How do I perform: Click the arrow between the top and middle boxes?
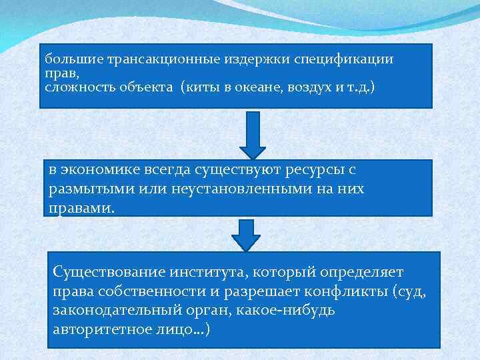coord(252,134)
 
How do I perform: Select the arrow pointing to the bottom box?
coord(246,234)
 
